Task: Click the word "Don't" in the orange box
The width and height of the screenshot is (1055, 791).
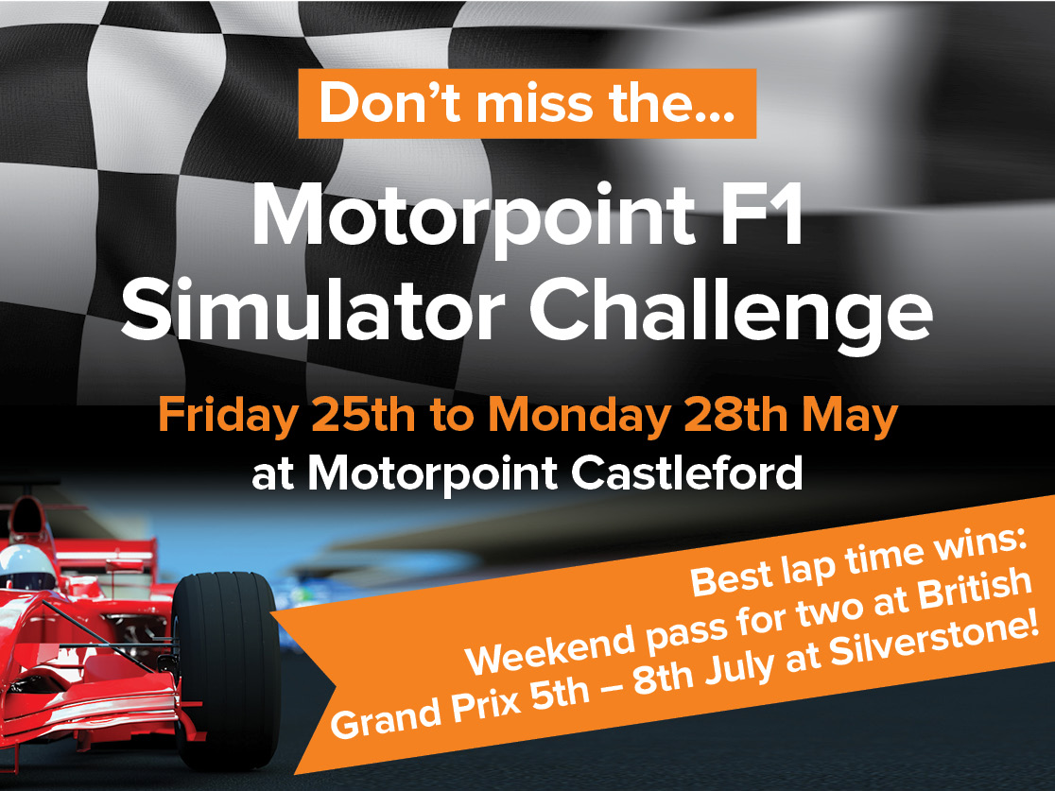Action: (x=389, y=103)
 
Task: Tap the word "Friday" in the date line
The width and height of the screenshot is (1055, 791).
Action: (x=228, y=417)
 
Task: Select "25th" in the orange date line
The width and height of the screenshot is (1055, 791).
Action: (x=363, y=415)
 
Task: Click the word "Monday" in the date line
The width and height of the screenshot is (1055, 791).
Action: (x=579, y=417)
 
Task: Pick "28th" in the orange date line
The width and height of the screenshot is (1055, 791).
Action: (x=735, y=415)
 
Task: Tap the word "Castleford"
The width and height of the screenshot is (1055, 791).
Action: (x=687, y=473)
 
